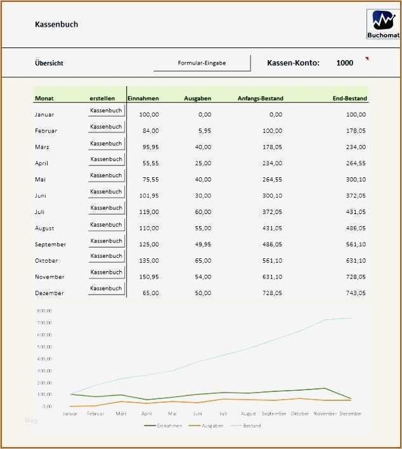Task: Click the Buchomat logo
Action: point(383,24)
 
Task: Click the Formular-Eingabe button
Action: point(202,63)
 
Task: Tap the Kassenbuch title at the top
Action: point(56,25)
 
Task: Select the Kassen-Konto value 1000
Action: point(345,63)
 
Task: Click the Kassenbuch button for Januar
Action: point(106,111)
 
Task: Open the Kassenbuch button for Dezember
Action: point(106,289)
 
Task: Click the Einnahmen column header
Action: point(143,98)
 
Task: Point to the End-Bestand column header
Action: point(350,98)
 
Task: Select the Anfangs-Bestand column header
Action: point(261,98)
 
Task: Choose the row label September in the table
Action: point(50,244)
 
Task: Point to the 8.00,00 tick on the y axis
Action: point(44,311)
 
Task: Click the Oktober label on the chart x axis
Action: point(299,414)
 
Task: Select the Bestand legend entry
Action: point(252,426)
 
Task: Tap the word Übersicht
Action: point(49,63)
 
